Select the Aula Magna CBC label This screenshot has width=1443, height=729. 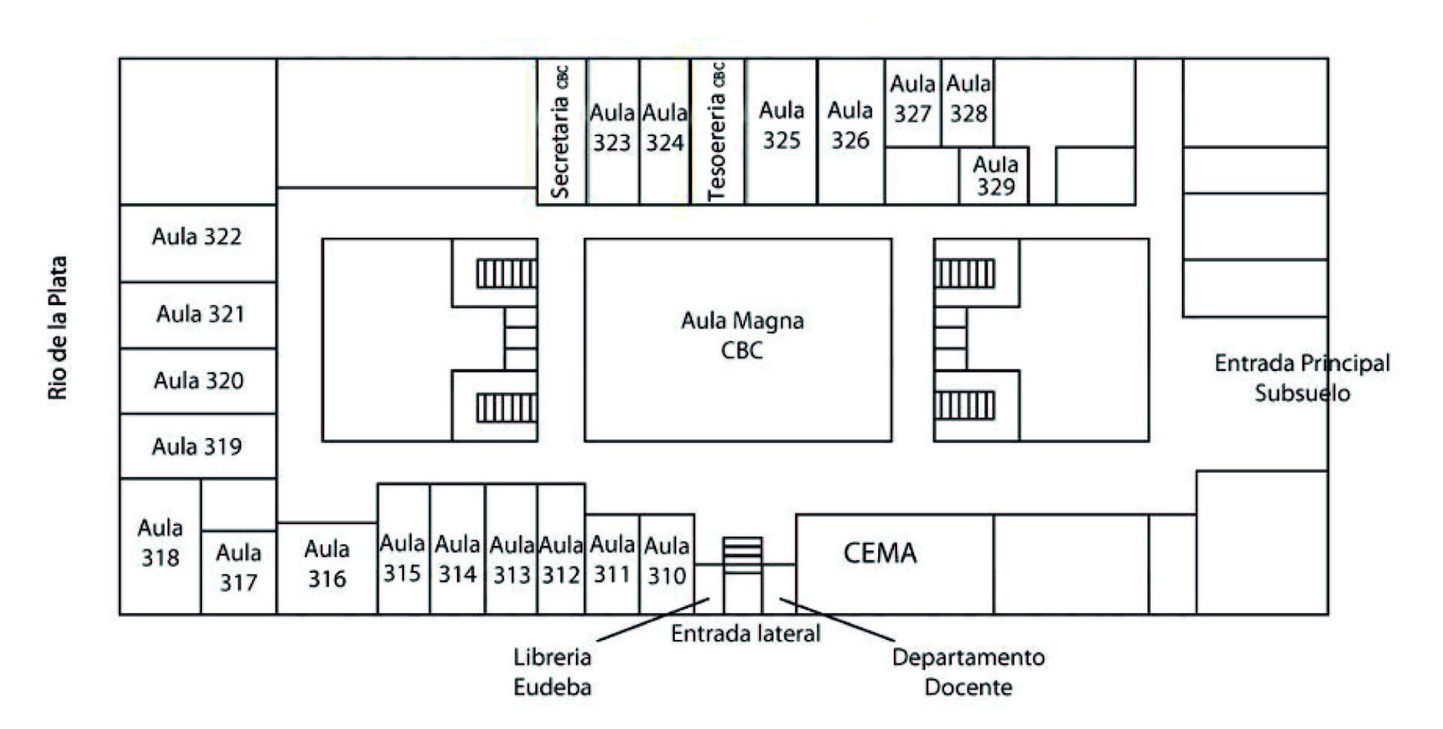(x=741, y=336)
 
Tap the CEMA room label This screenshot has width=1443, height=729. (x=880, y=554)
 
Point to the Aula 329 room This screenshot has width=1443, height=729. (x=995, y=176)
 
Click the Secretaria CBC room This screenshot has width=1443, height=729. (x=561, y=132)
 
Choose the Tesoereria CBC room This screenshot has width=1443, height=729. (x=717, y=132)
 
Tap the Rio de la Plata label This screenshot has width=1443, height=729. (x=58, y=328)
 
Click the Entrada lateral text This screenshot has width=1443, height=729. (x=745, y=634)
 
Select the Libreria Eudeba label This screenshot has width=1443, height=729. (x=552, y=672)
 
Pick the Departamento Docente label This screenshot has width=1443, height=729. (x=968, y=672)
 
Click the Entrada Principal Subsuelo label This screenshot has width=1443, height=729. (x=1302, y=378)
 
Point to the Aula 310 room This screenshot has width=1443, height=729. (x=667, y=562)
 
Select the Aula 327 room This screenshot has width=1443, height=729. (x=913, y=99)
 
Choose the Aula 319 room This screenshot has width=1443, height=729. (x=197, y=447)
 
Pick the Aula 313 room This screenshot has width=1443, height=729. (x=512, y=560)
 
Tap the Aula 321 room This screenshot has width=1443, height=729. (x=200, y=314)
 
